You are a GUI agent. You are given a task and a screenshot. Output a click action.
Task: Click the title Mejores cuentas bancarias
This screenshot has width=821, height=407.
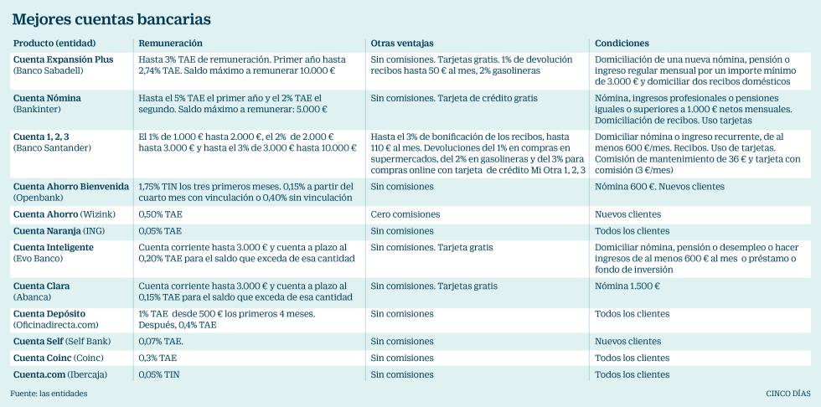111,18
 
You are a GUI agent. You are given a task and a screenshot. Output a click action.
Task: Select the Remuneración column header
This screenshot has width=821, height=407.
170,43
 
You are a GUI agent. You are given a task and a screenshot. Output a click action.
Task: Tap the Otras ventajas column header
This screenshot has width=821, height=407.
402,43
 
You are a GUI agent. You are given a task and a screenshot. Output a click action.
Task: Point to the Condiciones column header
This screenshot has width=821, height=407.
622,43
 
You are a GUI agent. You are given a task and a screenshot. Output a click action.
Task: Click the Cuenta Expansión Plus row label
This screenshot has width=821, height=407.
63,60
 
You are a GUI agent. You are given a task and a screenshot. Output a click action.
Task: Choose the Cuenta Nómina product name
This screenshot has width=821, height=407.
47,98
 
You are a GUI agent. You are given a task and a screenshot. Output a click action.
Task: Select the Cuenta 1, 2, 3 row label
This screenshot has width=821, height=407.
42,136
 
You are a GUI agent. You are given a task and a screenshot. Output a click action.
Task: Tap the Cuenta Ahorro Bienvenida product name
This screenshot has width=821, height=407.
71,186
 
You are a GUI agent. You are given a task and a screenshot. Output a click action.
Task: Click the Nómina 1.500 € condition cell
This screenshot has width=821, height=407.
627,286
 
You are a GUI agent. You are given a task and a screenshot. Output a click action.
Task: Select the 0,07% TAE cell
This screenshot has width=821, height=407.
161,342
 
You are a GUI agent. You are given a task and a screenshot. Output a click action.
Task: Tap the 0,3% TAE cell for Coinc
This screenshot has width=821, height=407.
157,358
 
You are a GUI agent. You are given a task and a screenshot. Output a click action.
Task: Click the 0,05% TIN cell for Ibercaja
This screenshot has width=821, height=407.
159,374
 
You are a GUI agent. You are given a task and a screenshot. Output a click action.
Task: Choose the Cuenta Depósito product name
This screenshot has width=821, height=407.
49,313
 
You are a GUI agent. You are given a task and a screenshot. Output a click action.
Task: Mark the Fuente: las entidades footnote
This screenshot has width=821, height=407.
49,394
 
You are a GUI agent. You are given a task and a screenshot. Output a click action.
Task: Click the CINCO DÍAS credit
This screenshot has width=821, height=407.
787,394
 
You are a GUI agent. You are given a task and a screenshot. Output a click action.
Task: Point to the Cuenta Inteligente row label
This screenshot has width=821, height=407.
54,247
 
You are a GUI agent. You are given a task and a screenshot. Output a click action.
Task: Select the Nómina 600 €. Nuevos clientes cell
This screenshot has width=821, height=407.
659,186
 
